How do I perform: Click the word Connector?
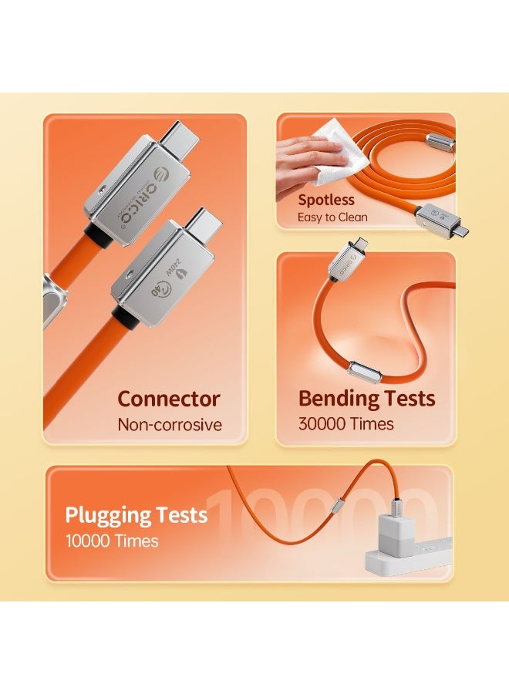point(168,399)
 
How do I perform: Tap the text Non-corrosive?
point(169,424)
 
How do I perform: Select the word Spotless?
point(327,200)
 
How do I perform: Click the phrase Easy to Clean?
point(332,217)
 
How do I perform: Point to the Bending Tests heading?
point(366,399)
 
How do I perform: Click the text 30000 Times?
point(346,423)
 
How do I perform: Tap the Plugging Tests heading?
point(136,514)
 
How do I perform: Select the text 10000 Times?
point(112,541)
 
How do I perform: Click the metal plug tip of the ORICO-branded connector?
point(181,139)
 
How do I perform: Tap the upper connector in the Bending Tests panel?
point(345,263)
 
